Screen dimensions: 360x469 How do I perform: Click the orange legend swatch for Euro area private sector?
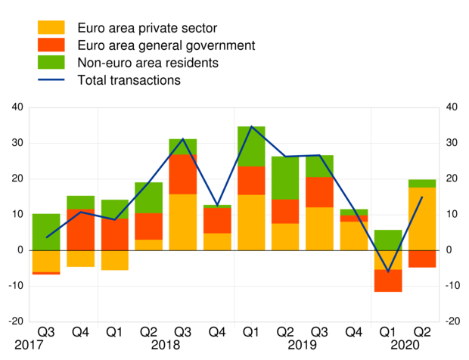(x=51, y=28)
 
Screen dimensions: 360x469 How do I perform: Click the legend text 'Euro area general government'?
(x=166, y=45)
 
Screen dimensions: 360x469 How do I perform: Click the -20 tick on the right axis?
(x=452, y=321)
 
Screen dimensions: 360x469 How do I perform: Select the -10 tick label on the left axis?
(x=15, y=286)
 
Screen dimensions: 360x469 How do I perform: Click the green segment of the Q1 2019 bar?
(x=251, y=146)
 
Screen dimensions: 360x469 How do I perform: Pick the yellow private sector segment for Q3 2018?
(x=183, y=222)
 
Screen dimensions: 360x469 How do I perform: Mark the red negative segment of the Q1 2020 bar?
(x=388, y=281)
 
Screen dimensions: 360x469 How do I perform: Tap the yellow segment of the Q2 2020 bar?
(x=422, y=219)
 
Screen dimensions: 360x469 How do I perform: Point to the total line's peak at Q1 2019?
(x=251, y=126)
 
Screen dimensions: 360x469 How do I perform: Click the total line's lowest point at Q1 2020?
(x=388, y=272)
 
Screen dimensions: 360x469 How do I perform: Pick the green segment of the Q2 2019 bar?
(x=285, y=178)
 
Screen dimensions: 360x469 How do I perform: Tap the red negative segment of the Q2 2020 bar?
(x=422, y=259)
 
